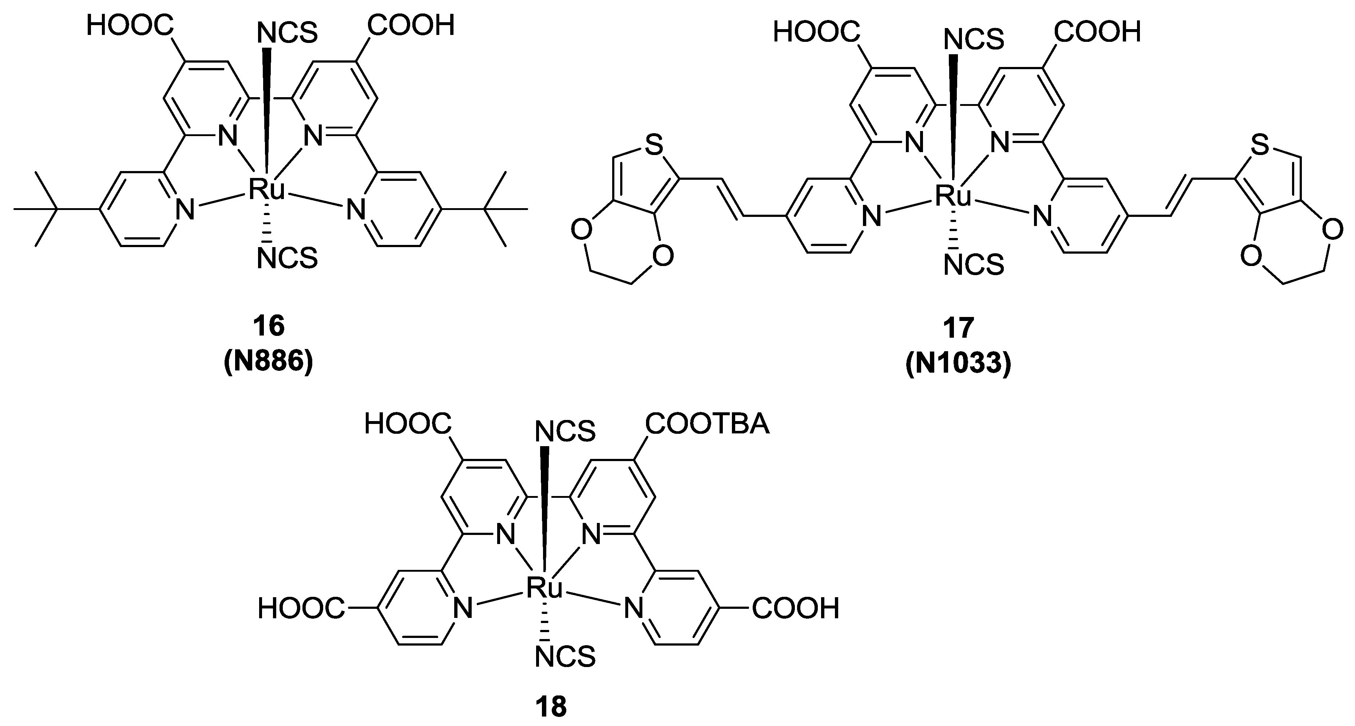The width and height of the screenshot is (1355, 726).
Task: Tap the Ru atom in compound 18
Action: point(544,588)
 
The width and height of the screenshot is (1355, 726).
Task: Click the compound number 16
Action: point(269,326)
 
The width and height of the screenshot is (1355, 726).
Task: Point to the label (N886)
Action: point(269,362)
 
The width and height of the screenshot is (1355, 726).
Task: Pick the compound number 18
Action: point(551,707)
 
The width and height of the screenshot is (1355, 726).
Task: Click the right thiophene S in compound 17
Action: point(1260,146)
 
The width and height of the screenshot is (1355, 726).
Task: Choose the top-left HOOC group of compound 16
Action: point(130,25)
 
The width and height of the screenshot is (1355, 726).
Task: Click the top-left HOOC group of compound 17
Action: point(816,33)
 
